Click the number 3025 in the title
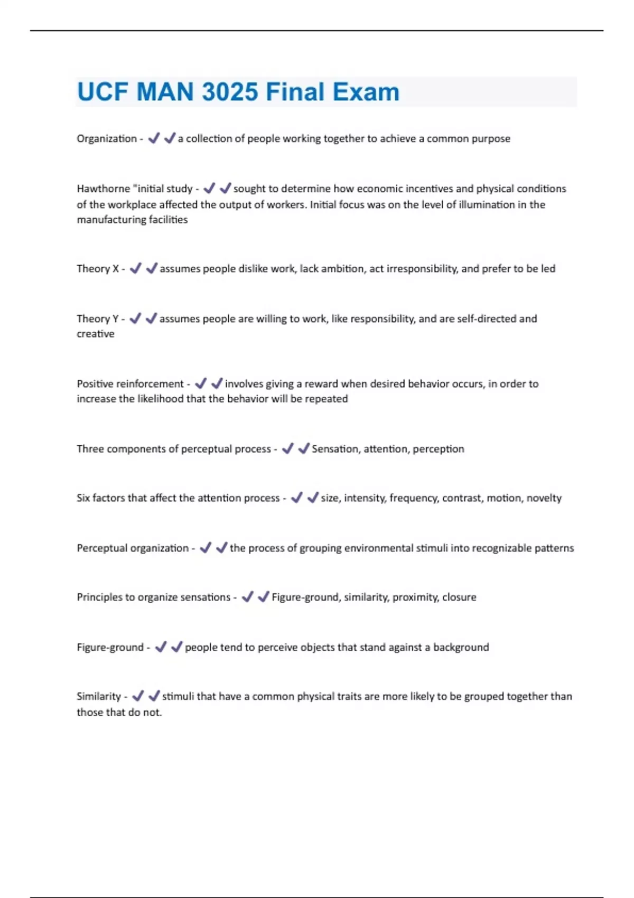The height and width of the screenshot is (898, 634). [230, 92]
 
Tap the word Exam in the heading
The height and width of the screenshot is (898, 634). [366, 92]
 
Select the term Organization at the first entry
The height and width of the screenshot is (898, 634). [107, 139]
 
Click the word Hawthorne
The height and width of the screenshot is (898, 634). [103, 189]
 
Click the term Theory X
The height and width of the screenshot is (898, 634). [98, 269]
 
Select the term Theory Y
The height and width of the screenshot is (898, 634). [98, 319]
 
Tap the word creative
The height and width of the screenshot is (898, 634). [96, 334]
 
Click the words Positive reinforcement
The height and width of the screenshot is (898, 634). [130, 384]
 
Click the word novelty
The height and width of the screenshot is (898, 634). [544, 498]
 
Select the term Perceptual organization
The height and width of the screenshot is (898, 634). [133, 548]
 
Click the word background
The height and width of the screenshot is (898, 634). [461, 648]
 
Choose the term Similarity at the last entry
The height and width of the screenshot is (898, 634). [99, 697]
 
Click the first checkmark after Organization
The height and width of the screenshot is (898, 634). [154, 138]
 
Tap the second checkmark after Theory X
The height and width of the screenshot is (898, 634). [152, 268]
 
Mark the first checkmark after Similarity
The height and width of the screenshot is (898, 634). [138, 696]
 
